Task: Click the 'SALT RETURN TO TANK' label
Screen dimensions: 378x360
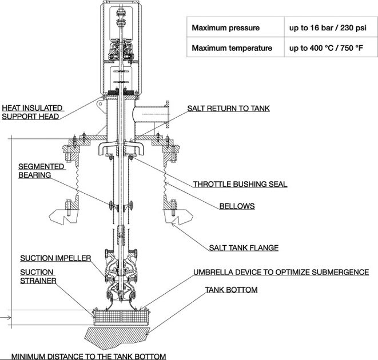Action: click(228, 109)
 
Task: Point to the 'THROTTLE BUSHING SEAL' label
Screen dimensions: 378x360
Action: click(240, 185)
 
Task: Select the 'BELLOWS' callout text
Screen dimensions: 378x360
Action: click(237, 206)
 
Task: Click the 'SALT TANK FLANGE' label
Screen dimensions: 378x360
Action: click(244, 247)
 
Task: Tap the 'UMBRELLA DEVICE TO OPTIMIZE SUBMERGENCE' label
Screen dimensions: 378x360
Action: click(281, 272)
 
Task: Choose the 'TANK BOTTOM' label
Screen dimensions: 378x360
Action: click(231, 290)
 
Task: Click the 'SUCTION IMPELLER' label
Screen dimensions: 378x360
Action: click(55, 258)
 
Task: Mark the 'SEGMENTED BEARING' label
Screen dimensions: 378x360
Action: click(42, 171)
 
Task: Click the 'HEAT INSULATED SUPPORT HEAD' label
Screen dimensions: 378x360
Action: click(32, 113)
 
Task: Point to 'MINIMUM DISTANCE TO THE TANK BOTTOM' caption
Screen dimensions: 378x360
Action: click(89, 356)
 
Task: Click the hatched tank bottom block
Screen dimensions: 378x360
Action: click(118, 338)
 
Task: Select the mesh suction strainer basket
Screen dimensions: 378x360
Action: click(121, 317)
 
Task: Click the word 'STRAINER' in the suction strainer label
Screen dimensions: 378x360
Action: click(38, 281)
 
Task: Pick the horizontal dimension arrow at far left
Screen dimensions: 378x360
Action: click(6, 318)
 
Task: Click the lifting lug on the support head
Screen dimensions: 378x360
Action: click(101, 105)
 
